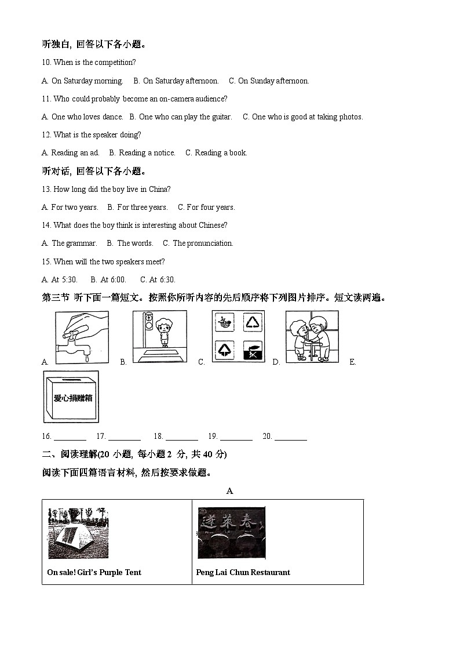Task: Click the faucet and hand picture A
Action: [82, 337]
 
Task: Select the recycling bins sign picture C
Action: [238, 337]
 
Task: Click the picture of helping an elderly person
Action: [312, 337]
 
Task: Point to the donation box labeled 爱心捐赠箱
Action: [71, 397]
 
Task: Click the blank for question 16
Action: [70, 437]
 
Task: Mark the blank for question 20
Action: [290, 437]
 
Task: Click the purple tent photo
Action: [78, 533]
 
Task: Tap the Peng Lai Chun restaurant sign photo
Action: [231, 533]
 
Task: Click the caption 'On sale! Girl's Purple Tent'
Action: [94, 572]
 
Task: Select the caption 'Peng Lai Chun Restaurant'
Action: [243, 572]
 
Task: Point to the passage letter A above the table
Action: [229, 491]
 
